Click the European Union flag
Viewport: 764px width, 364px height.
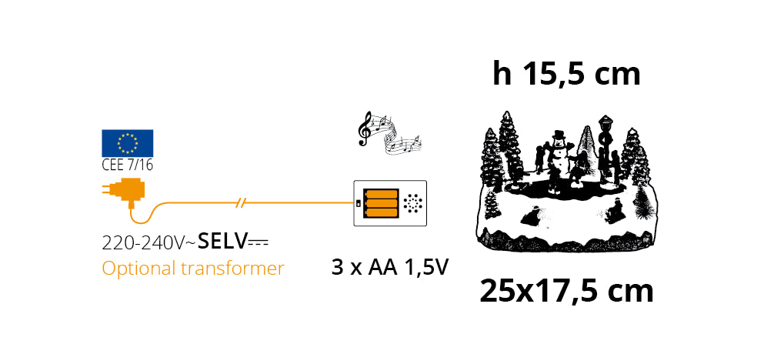click(x=127, y=142)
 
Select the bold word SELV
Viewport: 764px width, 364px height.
click(x=222, y=242)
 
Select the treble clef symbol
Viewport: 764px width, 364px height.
click(x=366, y=129)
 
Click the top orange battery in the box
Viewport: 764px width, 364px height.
click(x=382, y=194)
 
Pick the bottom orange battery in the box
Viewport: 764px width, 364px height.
click(x=382, y=212)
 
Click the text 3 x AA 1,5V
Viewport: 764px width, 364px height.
click(x=389, y=268)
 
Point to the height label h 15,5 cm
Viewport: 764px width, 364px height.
click(x=567, y=74)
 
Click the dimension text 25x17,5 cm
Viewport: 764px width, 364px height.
click(x=567, y=291)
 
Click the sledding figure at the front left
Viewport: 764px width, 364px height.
click(x=530, y=216)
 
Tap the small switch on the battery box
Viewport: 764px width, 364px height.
click(x=359, y=203)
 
